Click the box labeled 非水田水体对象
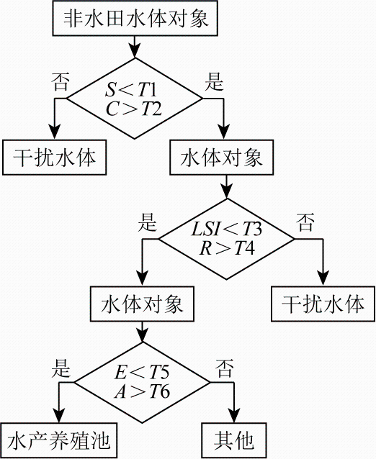pos(135,18)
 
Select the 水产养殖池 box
pos(58,440)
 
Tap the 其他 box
pos(234,440)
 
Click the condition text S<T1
pos(131,89)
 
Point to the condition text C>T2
pos(134,109)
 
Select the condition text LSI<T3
pos(227,229)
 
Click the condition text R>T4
pos(227,248)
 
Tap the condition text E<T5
pos(142,373)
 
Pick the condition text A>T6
pos(142,391)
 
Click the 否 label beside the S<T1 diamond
pos(61,81)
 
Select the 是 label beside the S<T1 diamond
pos(214,81)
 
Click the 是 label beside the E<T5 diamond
pos(61,368)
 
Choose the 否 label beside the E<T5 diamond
pos(225,368)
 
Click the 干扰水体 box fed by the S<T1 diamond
pos(54,158)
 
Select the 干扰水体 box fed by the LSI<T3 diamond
pos(323,304)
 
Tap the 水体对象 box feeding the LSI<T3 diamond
pos(222,158)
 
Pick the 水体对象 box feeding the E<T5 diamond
pos(142,304)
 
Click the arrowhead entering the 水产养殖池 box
pos(59,416)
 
